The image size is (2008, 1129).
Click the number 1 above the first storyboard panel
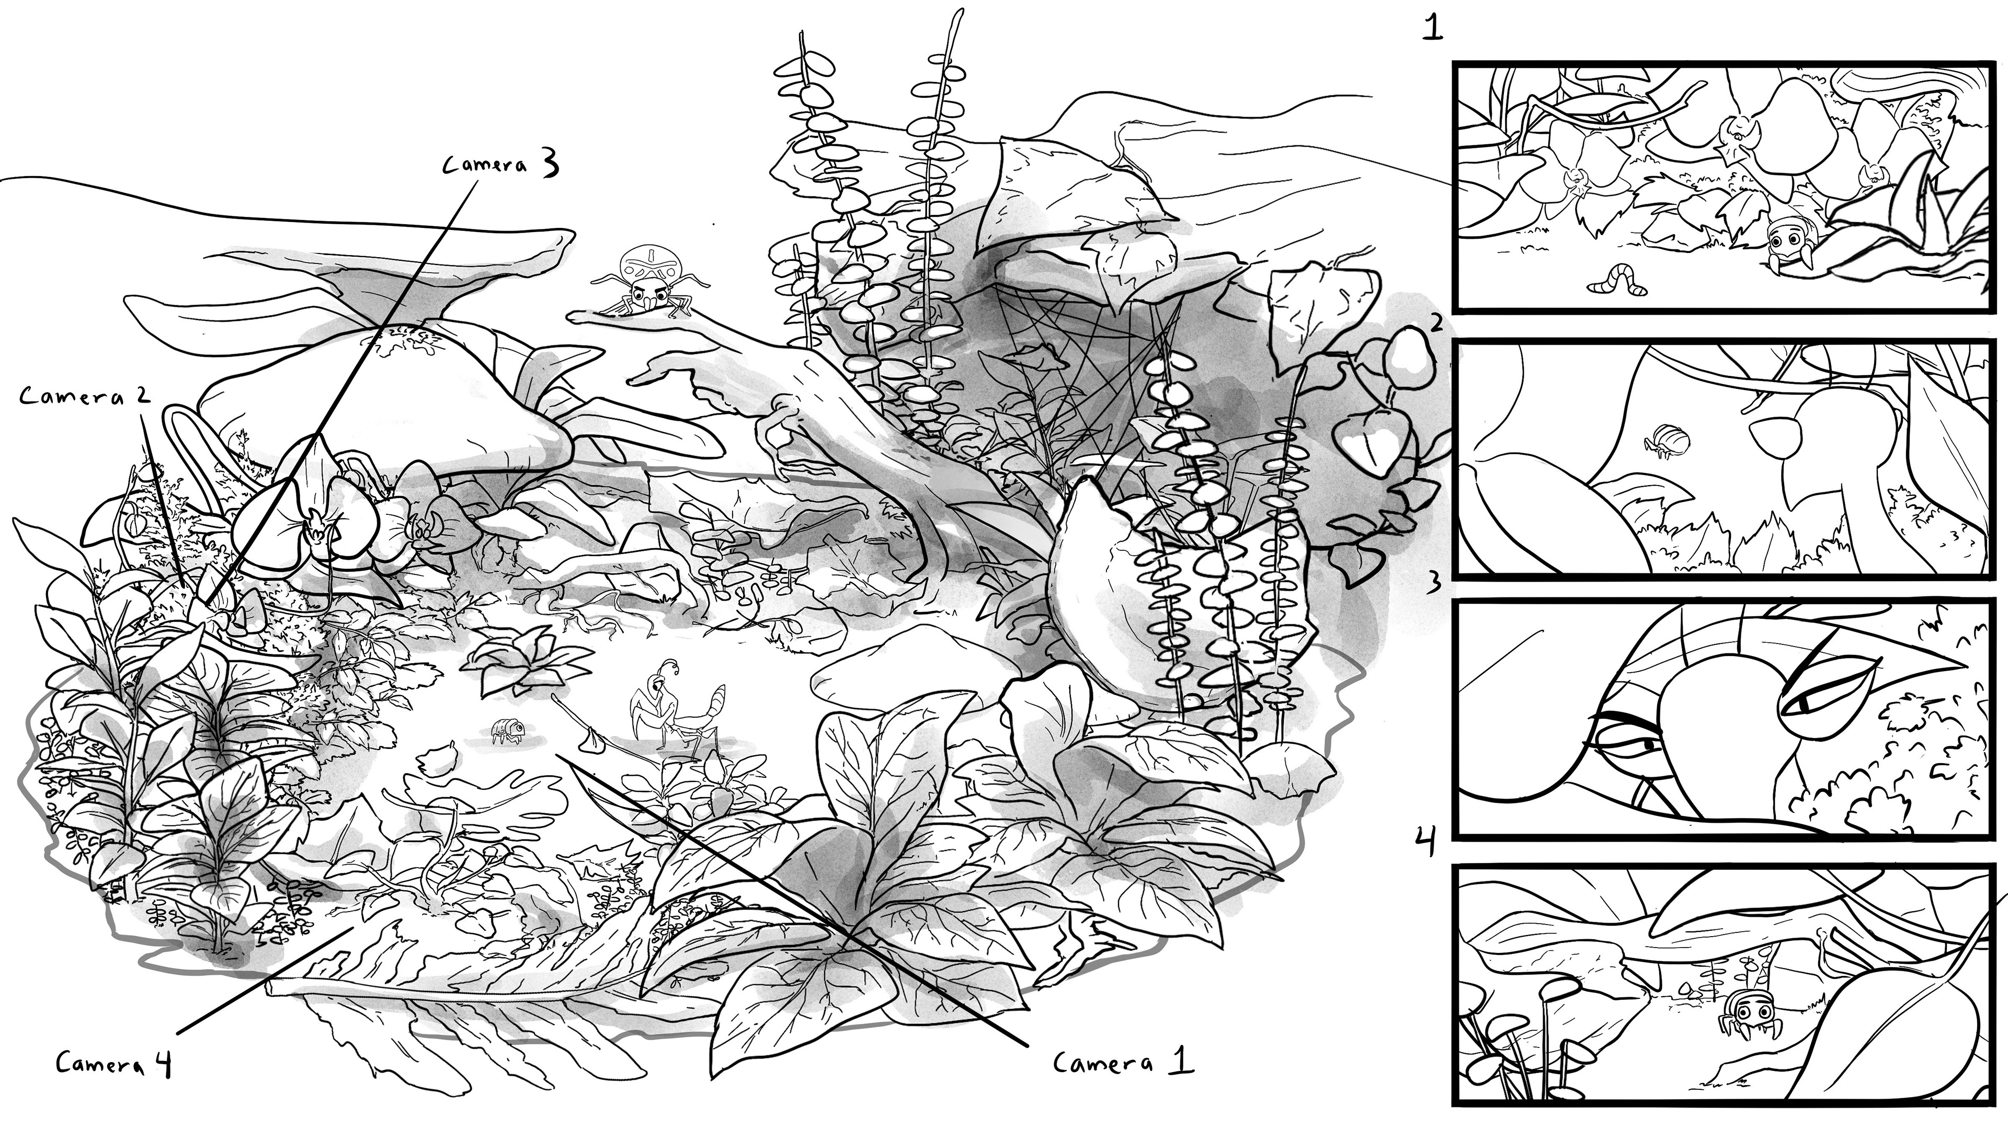(x=1433, y=28)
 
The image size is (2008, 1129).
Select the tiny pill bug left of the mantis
(x=507, y=730)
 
